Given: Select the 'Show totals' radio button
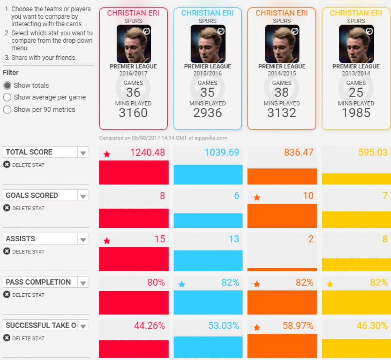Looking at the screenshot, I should tap(7, 86).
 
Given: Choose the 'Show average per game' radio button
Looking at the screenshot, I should tap(7, 97).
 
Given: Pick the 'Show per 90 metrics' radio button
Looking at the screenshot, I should tap(7, 110).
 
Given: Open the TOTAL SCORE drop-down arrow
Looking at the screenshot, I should tap(83, 152).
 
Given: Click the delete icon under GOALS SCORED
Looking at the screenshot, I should tap(7, 208).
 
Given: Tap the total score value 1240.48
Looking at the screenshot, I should tap(147, 152).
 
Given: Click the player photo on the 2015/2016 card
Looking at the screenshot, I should tap(208, 44).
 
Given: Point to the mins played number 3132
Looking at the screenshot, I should tap(282, 113).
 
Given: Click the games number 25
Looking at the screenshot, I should tap(356, 93).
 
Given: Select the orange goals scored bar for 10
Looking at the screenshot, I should tap(282, 216).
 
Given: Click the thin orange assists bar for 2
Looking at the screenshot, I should tap(282, 269).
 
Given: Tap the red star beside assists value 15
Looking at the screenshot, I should tap(107, 241).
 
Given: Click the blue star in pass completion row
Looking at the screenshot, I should tap(181, 284).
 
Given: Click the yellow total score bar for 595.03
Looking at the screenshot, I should tap(356, 179).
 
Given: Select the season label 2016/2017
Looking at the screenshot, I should tap(133, 73).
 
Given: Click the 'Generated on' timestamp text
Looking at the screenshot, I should tap(163, 138).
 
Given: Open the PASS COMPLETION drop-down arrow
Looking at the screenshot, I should tap(83, 283).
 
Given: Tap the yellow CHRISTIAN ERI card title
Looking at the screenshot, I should tap(356, 13).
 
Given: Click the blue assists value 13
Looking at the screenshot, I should tap(234, 239).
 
